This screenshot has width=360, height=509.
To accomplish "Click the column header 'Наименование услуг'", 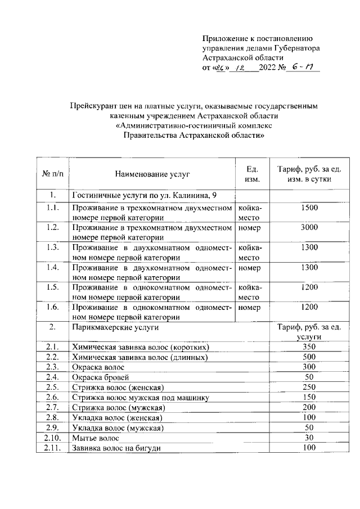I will [153, 174].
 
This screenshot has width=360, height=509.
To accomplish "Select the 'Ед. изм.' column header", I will [252, 174].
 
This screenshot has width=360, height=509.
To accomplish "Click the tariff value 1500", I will [309, 208].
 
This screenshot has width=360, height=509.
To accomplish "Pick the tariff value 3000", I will [309, 227].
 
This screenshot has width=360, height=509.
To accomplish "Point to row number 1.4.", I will [52, 267].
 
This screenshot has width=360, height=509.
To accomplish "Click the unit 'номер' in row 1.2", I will [250, 228].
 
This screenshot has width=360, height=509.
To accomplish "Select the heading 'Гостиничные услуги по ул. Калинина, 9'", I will [144, 195].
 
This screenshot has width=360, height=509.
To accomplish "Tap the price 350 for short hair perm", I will [309, 346].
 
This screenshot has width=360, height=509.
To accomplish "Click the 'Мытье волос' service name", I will [95, 438].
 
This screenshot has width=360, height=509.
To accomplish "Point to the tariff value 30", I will [309, 437].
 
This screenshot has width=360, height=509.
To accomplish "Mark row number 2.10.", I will [52, 438].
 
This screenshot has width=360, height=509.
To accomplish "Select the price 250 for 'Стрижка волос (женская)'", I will [309, 387].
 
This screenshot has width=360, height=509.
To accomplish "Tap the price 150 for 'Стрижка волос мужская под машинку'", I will [309, 397].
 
